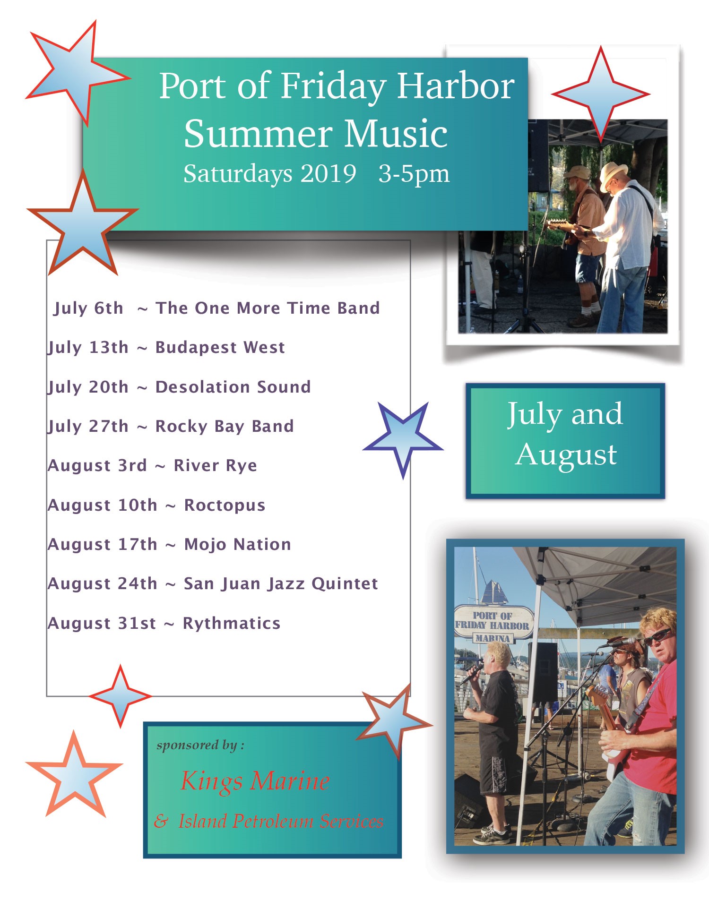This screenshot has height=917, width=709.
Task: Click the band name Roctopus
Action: click(x=225, y=506)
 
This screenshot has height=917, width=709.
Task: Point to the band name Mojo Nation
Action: click(x=237, y=545)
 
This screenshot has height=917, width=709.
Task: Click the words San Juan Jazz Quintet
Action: click(x=281, y=584)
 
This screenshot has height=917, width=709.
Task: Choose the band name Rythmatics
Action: click(x=232, y=624)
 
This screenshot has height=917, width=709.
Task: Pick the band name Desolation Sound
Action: click(x=233, y=387)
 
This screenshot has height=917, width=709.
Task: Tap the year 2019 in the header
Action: click(x=329, y=173)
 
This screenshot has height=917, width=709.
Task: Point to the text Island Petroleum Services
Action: click(x=281, y=822)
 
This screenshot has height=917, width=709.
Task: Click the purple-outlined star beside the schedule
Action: click(x=403, y=440)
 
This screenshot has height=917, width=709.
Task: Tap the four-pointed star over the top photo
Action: click(x=601, y=94)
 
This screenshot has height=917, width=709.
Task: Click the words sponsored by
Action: click(x=200, y=746)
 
